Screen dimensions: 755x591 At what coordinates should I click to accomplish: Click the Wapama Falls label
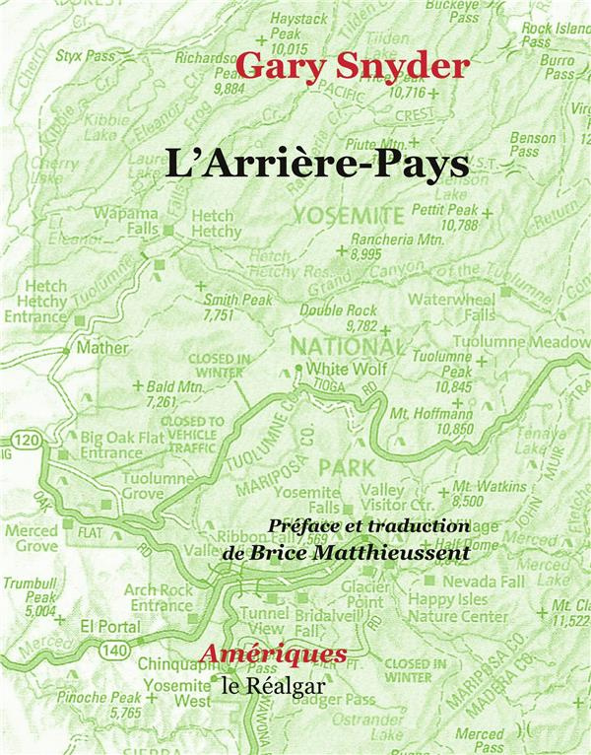tap(128, 221)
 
